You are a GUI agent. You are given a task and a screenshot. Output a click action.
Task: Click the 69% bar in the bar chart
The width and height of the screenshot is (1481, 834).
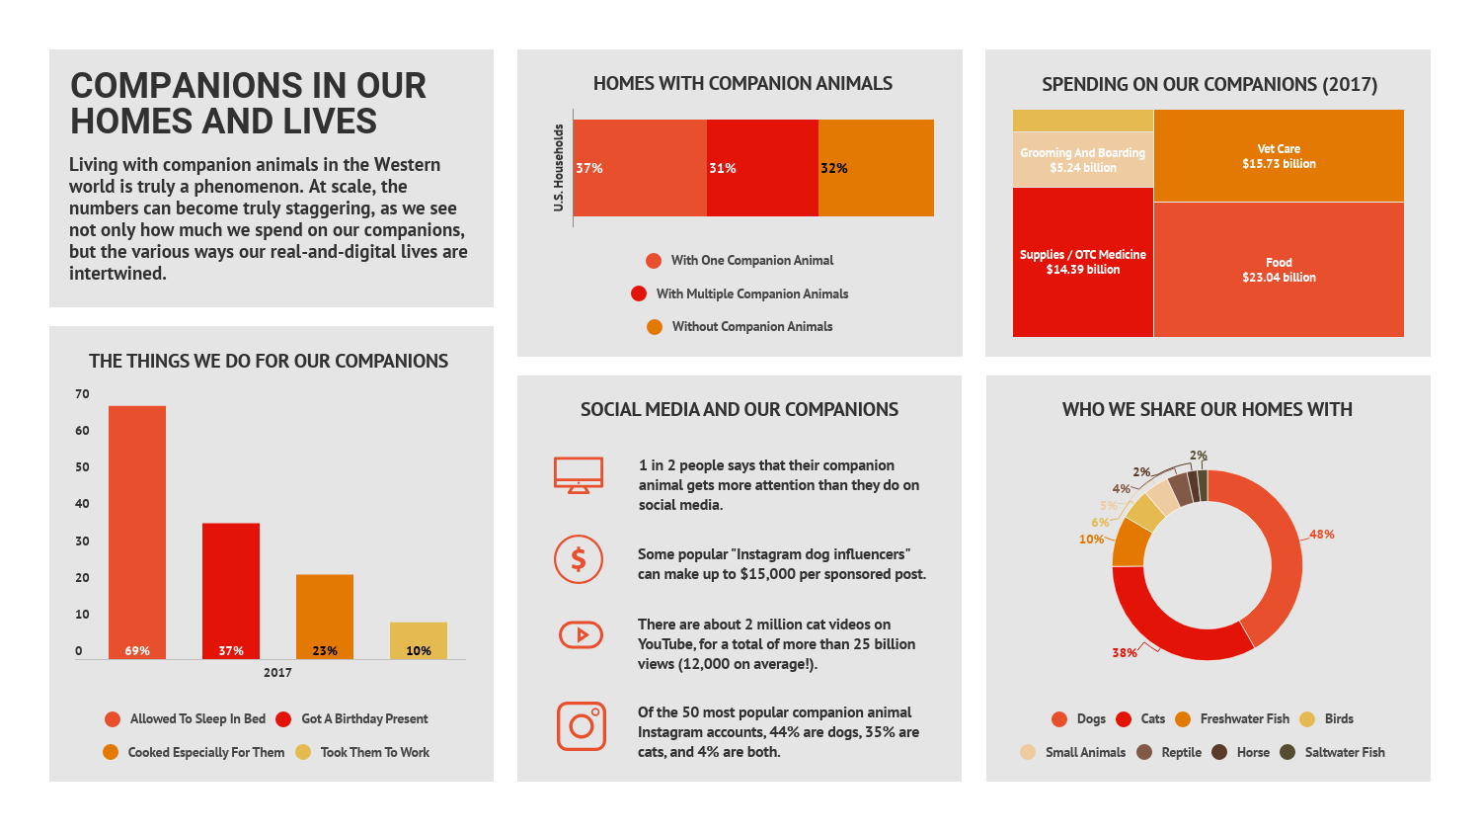137,533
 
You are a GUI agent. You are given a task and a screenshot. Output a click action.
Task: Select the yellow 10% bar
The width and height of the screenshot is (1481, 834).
419,640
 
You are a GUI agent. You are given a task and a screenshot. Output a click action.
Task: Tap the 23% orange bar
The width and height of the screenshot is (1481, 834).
325,617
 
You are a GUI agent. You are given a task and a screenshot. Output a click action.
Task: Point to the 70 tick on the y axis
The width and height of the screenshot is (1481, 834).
82,394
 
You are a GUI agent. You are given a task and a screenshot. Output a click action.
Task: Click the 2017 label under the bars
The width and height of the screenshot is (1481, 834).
277,673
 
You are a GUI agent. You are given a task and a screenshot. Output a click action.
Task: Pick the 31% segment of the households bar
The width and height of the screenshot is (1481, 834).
762,168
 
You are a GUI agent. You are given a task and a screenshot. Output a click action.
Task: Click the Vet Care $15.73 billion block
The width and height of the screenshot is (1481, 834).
1279,155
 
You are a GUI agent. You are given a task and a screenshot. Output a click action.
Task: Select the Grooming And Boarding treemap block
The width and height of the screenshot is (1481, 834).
1083,159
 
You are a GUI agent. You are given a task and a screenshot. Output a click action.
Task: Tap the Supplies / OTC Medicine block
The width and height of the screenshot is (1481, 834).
1083,262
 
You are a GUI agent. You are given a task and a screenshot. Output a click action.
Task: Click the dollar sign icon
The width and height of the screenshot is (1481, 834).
579,559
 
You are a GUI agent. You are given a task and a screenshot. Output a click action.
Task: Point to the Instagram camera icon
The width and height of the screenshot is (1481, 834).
582,726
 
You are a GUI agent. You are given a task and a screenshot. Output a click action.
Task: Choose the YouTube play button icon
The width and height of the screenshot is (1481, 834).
582,634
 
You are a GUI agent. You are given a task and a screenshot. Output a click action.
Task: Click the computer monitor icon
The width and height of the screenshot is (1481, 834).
579,475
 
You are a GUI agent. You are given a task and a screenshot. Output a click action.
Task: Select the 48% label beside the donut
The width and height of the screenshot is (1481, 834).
1322,535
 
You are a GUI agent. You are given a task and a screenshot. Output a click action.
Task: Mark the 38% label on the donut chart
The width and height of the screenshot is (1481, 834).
1124,652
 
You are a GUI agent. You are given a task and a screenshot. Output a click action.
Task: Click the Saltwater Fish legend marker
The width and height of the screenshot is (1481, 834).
1287,752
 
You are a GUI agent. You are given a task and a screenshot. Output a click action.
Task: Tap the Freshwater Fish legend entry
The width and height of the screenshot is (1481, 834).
1232,718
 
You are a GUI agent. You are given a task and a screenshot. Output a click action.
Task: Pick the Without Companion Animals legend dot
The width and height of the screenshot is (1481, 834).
655,327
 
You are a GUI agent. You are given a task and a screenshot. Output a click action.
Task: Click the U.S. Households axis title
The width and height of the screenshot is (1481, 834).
559,168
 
